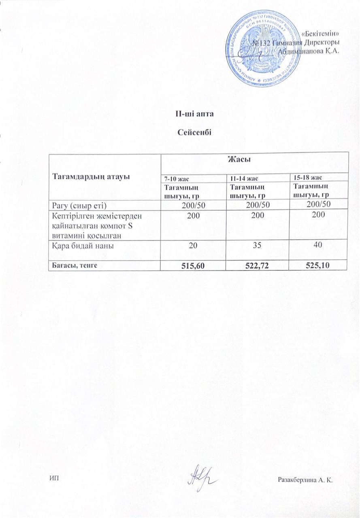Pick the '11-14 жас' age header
tap(242, 178)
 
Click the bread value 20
tap(194, 245)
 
